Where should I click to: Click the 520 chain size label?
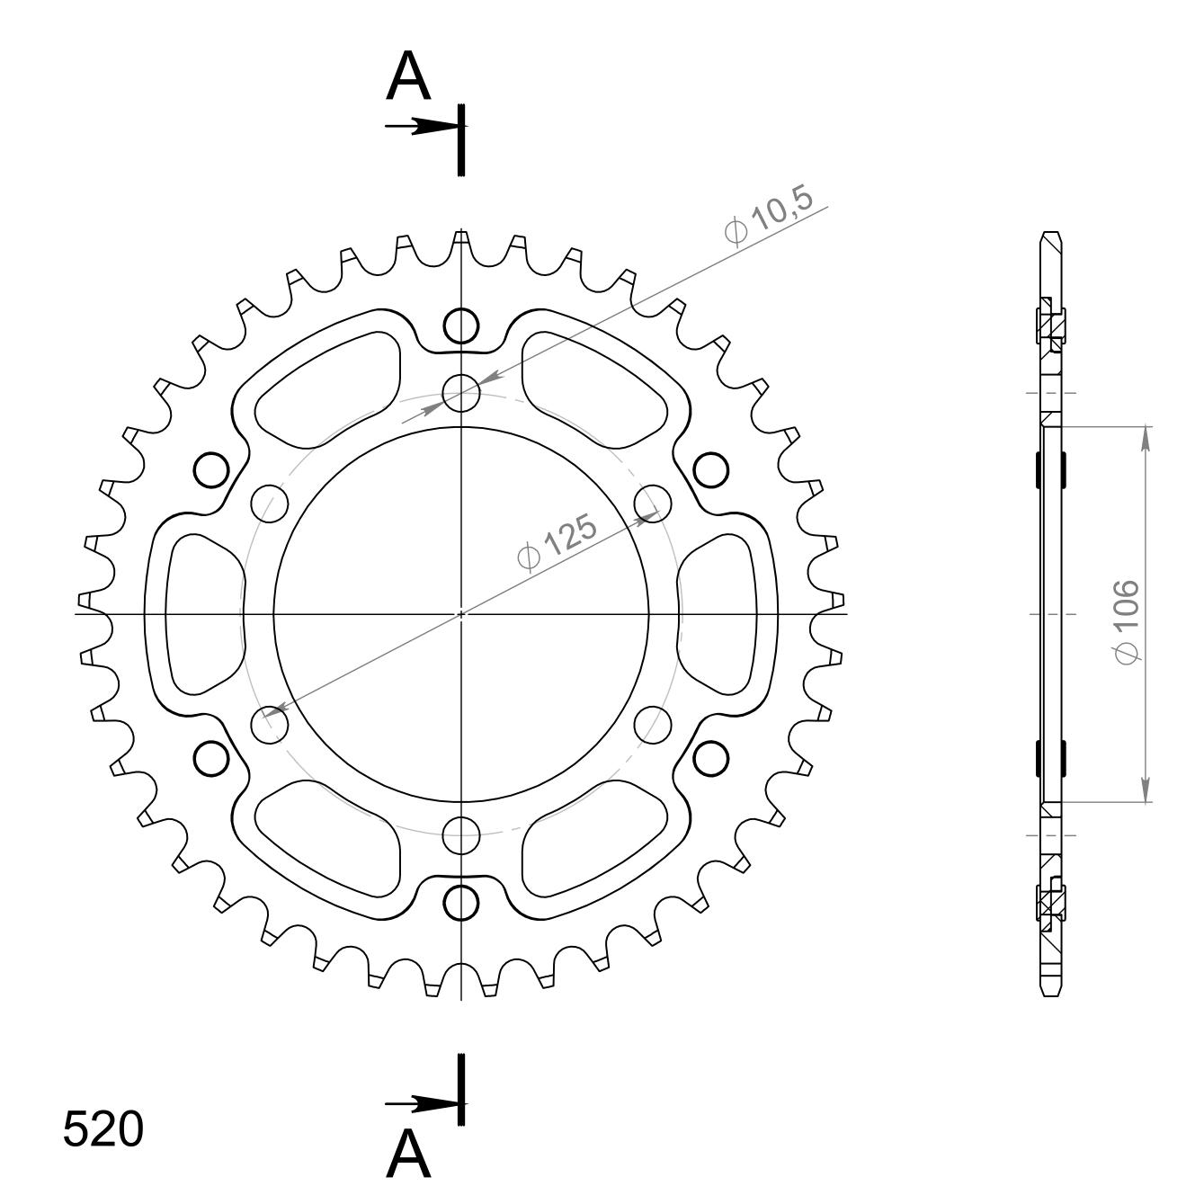click(103, 1129)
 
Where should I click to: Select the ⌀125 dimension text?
click(558, 541)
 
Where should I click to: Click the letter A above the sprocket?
click(408, 76)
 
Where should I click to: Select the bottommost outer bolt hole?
click(461, 902)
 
